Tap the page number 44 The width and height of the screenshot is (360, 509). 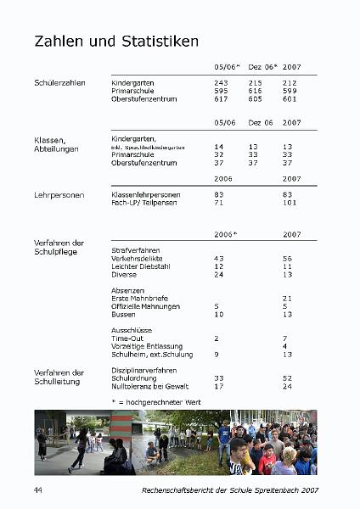38,490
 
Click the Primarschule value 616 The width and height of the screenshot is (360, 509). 256,91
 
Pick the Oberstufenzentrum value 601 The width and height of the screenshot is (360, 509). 290,98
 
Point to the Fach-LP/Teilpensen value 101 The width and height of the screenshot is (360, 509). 292,203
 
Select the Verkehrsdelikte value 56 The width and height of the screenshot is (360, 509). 288,258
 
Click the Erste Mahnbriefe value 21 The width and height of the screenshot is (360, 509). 288,298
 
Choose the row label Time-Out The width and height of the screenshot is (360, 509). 127,338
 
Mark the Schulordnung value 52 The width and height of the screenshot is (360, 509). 288,378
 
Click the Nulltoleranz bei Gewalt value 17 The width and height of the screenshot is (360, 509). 219,386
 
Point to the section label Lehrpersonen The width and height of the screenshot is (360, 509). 59,195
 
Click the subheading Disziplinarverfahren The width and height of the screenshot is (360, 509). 144,370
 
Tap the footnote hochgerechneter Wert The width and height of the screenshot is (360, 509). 144,400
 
